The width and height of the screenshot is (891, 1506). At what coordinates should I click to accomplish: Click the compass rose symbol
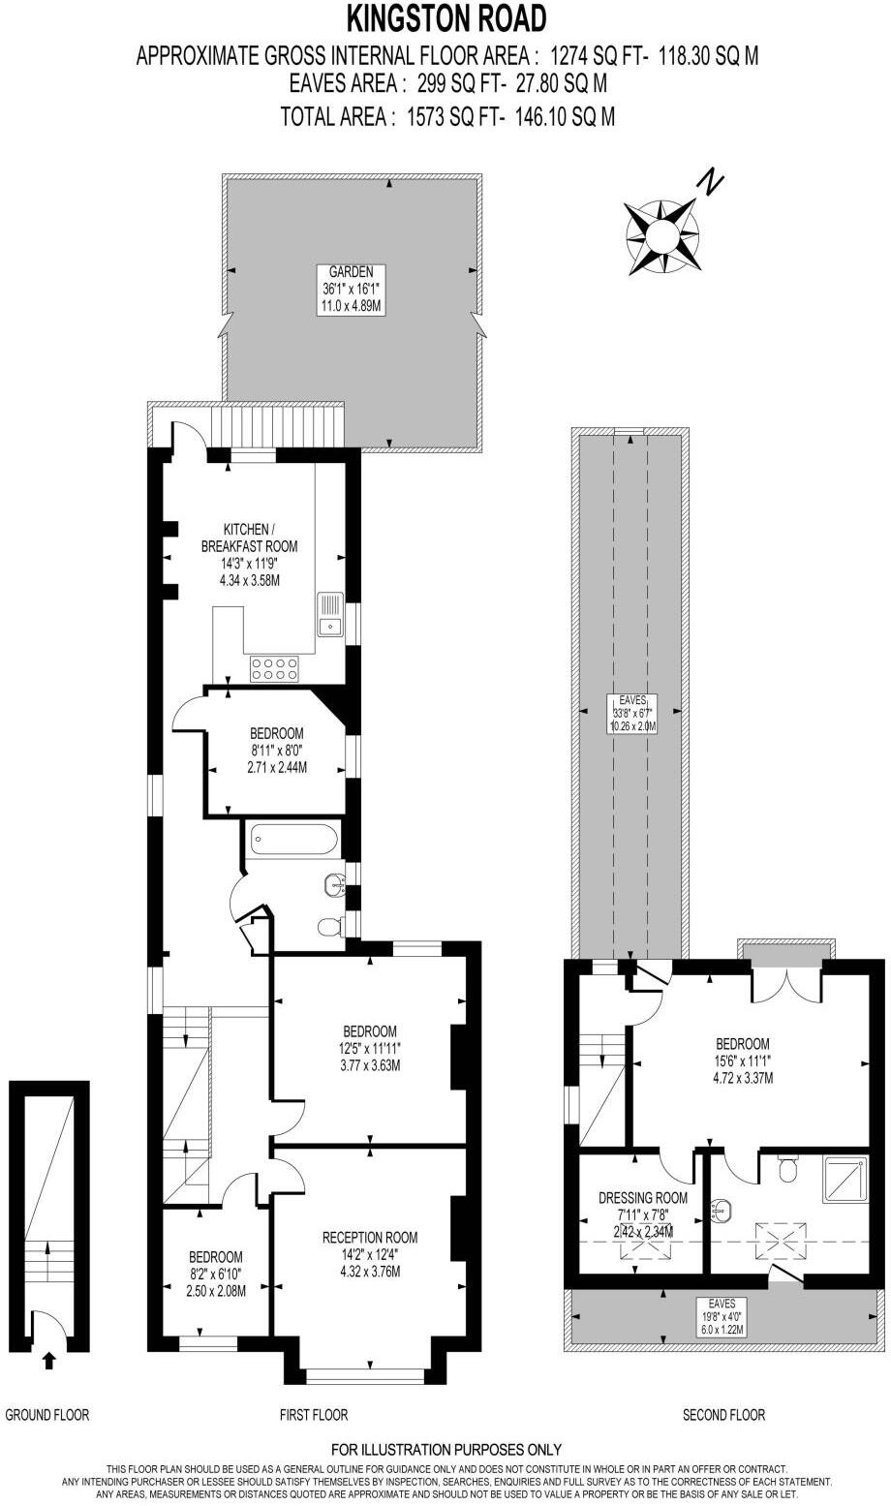[x=662, y=233]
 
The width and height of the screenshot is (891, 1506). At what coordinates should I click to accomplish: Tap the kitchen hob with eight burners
[x=273, y=667]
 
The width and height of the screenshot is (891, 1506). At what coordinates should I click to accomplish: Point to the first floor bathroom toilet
[x=330, y=927]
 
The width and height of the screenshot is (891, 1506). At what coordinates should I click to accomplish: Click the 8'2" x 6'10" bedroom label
[x=216, y=1274]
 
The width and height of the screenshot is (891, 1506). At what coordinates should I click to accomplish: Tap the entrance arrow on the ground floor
[x=49, y=1360]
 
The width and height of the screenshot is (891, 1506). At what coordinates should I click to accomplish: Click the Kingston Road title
[x=446, y=18]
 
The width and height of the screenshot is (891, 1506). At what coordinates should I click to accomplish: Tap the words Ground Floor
[x=47, y=1415]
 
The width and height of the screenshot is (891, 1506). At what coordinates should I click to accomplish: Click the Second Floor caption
[x=723, y=1415]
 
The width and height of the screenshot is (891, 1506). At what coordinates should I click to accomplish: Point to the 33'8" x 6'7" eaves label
[x=632, y=713]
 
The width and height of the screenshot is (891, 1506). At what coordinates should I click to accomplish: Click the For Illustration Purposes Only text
[x=445, y=1450]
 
